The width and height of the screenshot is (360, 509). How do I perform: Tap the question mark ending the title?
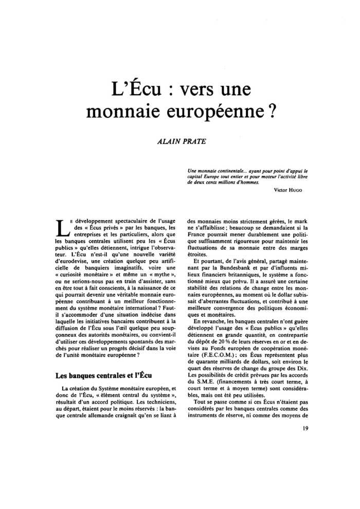tap(269, 112)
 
